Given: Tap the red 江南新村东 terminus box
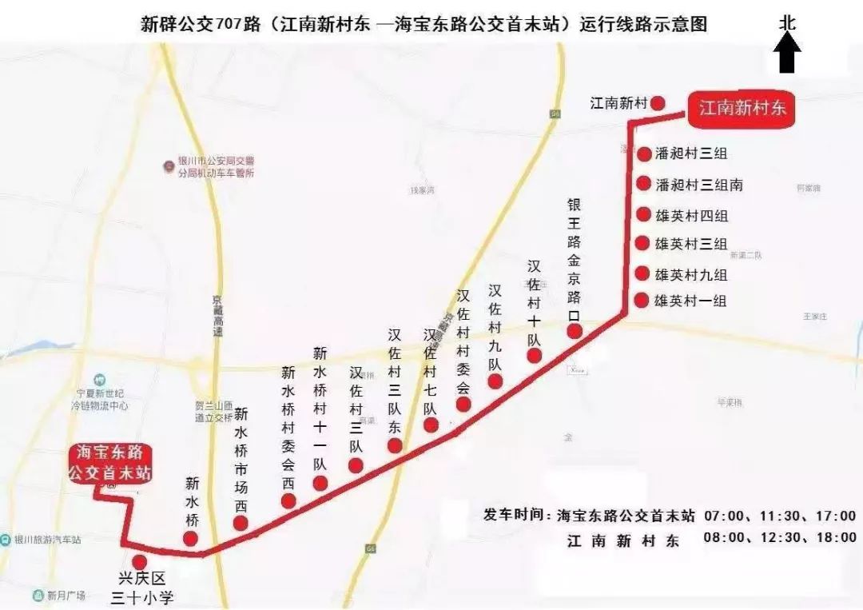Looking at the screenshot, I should tap(742, 108).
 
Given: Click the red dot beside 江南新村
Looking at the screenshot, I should tap(658, 103).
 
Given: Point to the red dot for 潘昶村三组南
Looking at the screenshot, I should tap(643, 184).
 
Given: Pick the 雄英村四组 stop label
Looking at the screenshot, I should tap(691, 216).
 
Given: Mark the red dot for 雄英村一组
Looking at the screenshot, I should tap(641, 301).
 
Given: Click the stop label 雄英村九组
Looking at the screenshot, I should tap(691, 274).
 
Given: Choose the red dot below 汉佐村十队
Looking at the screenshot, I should tap(534, 355).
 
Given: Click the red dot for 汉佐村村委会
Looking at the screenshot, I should tap(463, 405).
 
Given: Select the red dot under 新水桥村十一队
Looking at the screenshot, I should tap(320, 483).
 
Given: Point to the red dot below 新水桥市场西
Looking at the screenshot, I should tap(240, 523).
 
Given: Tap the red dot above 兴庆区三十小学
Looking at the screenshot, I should tap(140, 562).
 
